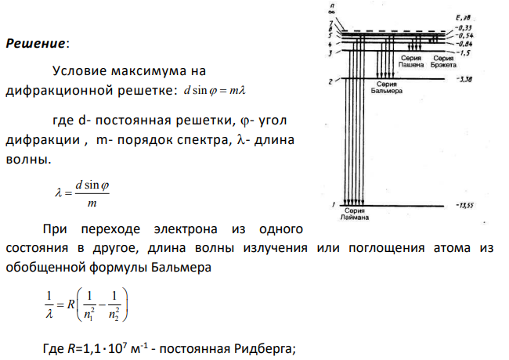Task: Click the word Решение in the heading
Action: point(36,43)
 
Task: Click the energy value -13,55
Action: point(464,205)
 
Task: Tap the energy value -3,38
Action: point(464,79)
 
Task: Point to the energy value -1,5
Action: point(464,52)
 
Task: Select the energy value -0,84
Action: point(464,44)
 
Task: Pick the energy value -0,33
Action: point(464,28)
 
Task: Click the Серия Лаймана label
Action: point(355,214)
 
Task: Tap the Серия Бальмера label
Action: point(387,88)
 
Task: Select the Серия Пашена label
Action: point(411,61)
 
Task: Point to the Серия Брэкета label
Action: point(443,61)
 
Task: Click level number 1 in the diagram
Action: point(334,204)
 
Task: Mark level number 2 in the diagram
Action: point(330,81)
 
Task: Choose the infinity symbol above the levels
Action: point(331,12)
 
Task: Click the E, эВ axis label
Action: point(463,18)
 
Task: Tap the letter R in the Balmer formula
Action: point(70,304)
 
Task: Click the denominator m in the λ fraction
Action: point(92,203)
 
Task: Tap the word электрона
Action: point(186,229)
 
